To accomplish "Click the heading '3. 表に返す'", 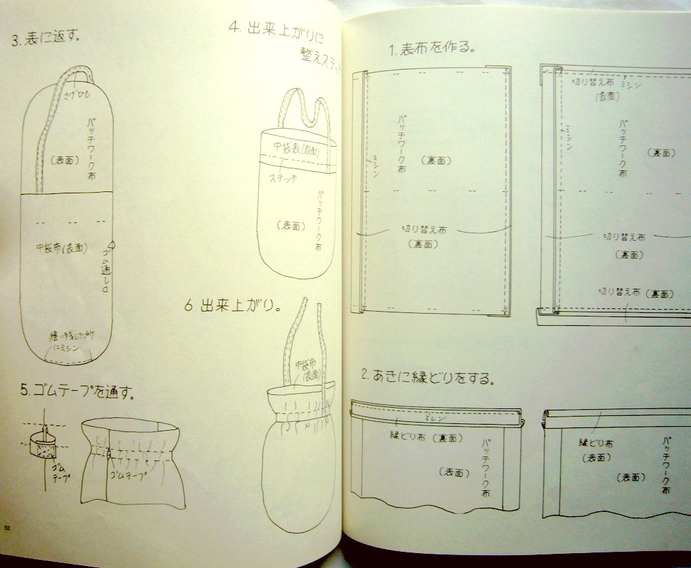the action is pos(46,38).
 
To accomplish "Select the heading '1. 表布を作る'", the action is pos(433,49).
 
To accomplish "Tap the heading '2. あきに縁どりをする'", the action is pos(429,377).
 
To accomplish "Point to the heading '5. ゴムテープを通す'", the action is pos(78,390).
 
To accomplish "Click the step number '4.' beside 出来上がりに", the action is pos(235,28).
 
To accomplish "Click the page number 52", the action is pos(7,528).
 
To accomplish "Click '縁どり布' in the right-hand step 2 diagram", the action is pos(596,443).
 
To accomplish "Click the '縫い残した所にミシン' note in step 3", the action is pos(65,341).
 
